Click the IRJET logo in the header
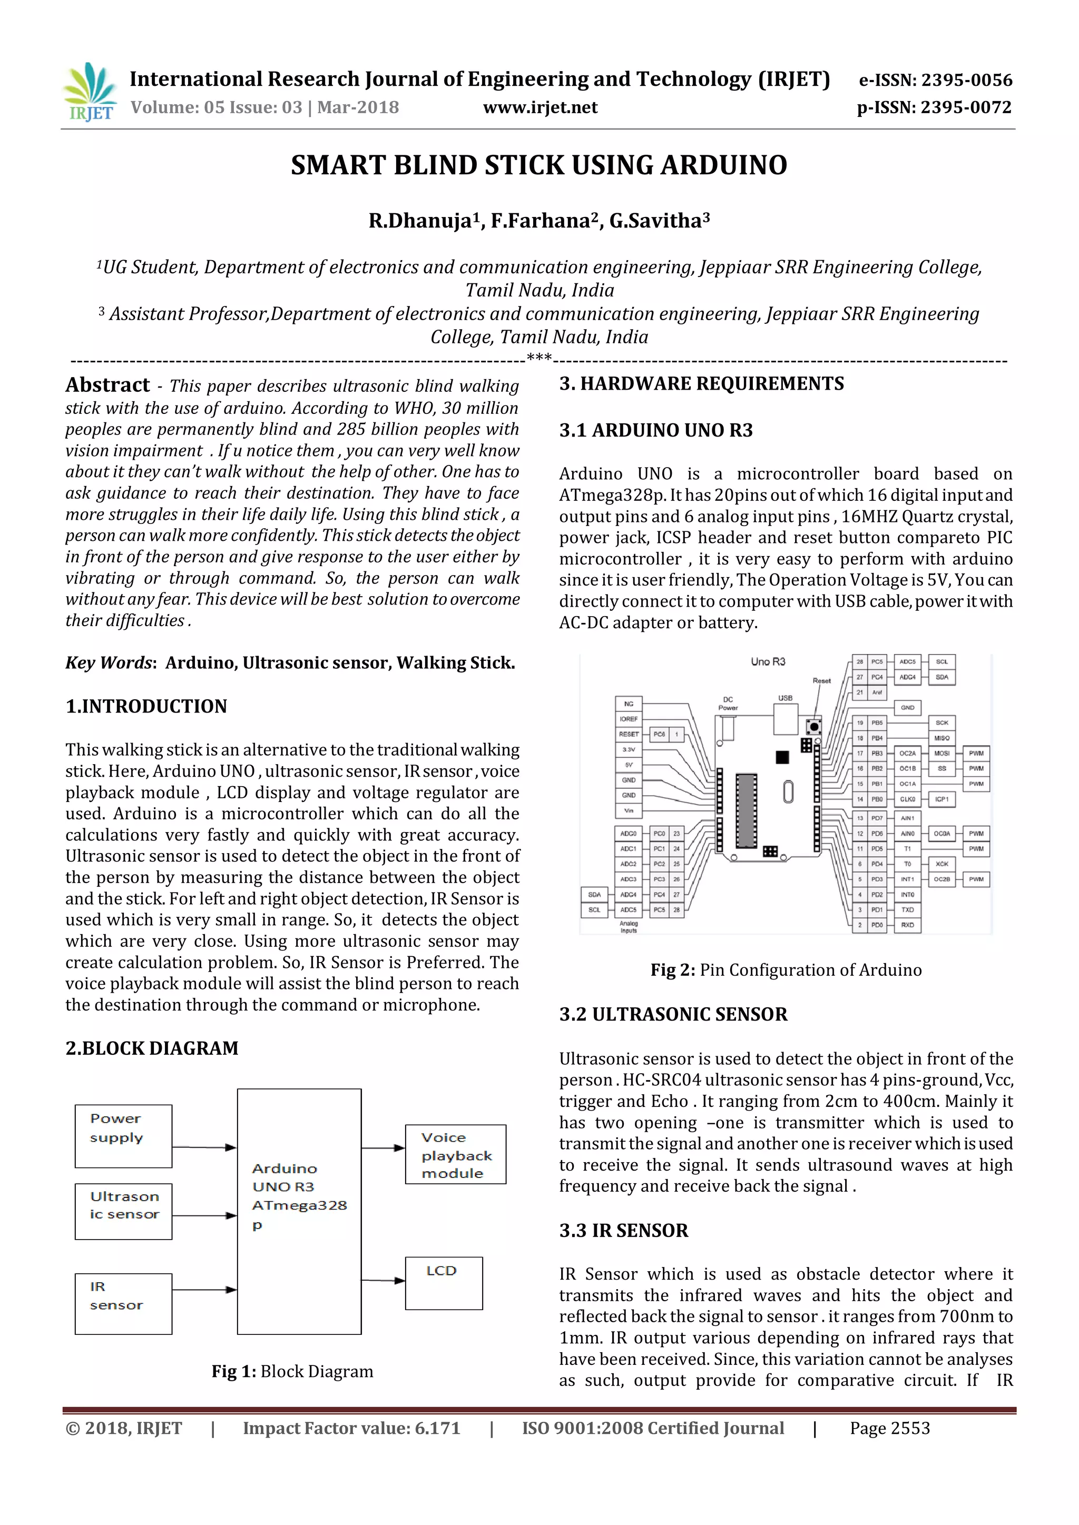point(89,92)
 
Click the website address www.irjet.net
point(539,107)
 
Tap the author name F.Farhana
point(539,221)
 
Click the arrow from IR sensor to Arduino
point(204,1290)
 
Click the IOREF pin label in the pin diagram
point(629,719)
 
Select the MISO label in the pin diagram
point(941,738)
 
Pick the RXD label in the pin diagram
point(907,925)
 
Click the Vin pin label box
point(629,810)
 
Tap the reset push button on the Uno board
point(813,726)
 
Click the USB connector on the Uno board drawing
point(786,717)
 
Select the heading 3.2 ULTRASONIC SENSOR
point(673,1014)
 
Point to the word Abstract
point(107,385)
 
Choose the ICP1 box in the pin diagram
point(941,799)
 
